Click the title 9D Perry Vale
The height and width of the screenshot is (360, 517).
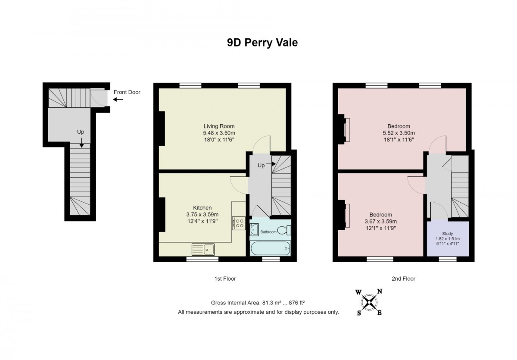point(262,43)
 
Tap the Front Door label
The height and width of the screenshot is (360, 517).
point(127,92)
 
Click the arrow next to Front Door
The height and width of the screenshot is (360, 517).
point(118,100)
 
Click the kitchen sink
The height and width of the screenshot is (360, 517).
point(203,249)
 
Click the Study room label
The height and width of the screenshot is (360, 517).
point(447,234)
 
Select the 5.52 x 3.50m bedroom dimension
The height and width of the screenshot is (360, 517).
point(399,133)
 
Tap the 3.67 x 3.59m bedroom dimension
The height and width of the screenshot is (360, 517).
point(380,222)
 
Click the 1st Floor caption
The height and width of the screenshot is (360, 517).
point(225,279)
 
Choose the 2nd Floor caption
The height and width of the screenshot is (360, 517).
point(403,279)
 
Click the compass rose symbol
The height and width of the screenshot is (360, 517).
point(368,301)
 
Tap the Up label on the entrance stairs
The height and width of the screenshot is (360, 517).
point(81,132)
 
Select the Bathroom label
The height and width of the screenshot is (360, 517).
point(268,232)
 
